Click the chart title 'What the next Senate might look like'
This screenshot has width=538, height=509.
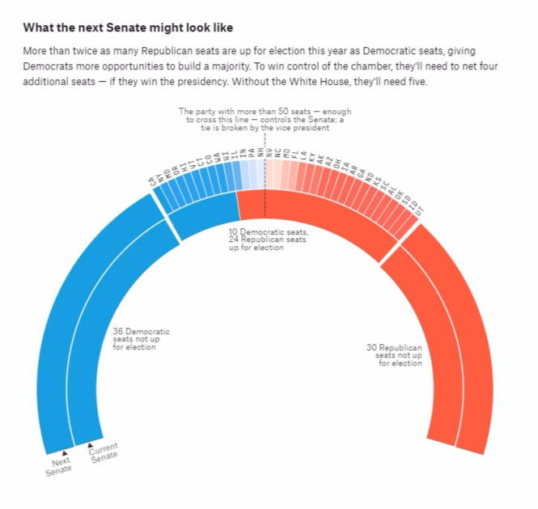129,28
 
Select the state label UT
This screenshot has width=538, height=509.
418,210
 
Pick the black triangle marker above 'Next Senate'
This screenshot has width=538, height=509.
64,452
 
